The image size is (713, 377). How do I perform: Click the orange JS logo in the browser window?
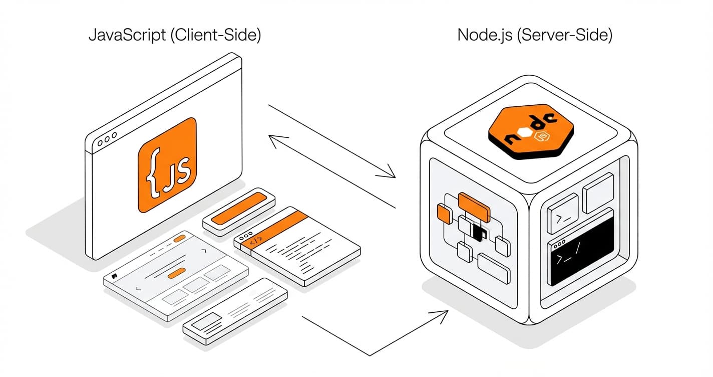pos(167,165)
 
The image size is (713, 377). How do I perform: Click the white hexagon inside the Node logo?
pos(525,133)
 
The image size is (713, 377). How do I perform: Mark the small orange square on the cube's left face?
pos(444,214)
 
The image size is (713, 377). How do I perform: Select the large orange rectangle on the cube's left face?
pos(474,204)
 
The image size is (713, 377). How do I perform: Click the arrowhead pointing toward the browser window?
pos(274,139)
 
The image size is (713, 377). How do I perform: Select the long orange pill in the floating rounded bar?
pos(238,207)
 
